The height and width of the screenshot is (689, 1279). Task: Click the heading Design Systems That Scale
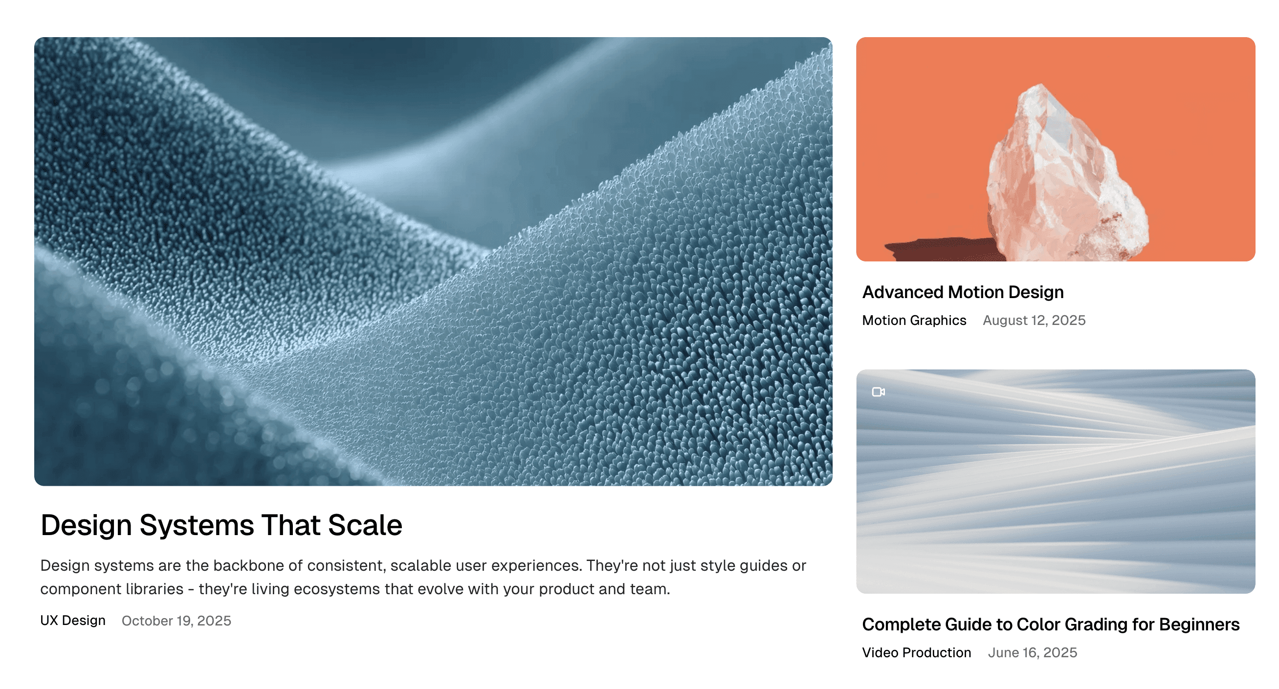[x=221, y=525]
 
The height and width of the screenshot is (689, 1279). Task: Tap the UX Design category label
[x=73, y=621]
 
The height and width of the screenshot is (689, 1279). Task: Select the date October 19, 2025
[x=176, y=621]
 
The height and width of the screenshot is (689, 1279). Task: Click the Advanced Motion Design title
[x=963, y=292]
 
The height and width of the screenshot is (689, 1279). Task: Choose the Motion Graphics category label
[x=914, y=321]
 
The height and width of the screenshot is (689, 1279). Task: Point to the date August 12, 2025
[x=1034, y=321]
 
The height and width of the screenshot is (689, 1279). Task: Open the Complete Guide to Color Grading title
[x=1051, y=624]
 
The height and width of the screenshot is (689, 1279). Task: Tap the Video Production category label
[x=917, y=653]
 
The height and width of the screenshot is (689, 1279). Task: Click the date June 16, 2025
[x=1032, y=653]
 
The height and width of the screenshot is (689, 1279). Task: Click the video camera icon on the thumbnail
[x=878, y=392]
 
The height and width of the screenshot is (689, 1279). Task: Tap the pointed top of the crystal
[x=1040, y=85]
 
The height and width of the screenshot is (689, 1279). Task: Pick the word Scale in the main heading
[x=365, y=525]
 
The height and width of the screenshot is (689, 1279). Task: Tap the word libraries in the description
[x=154, y=589]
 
